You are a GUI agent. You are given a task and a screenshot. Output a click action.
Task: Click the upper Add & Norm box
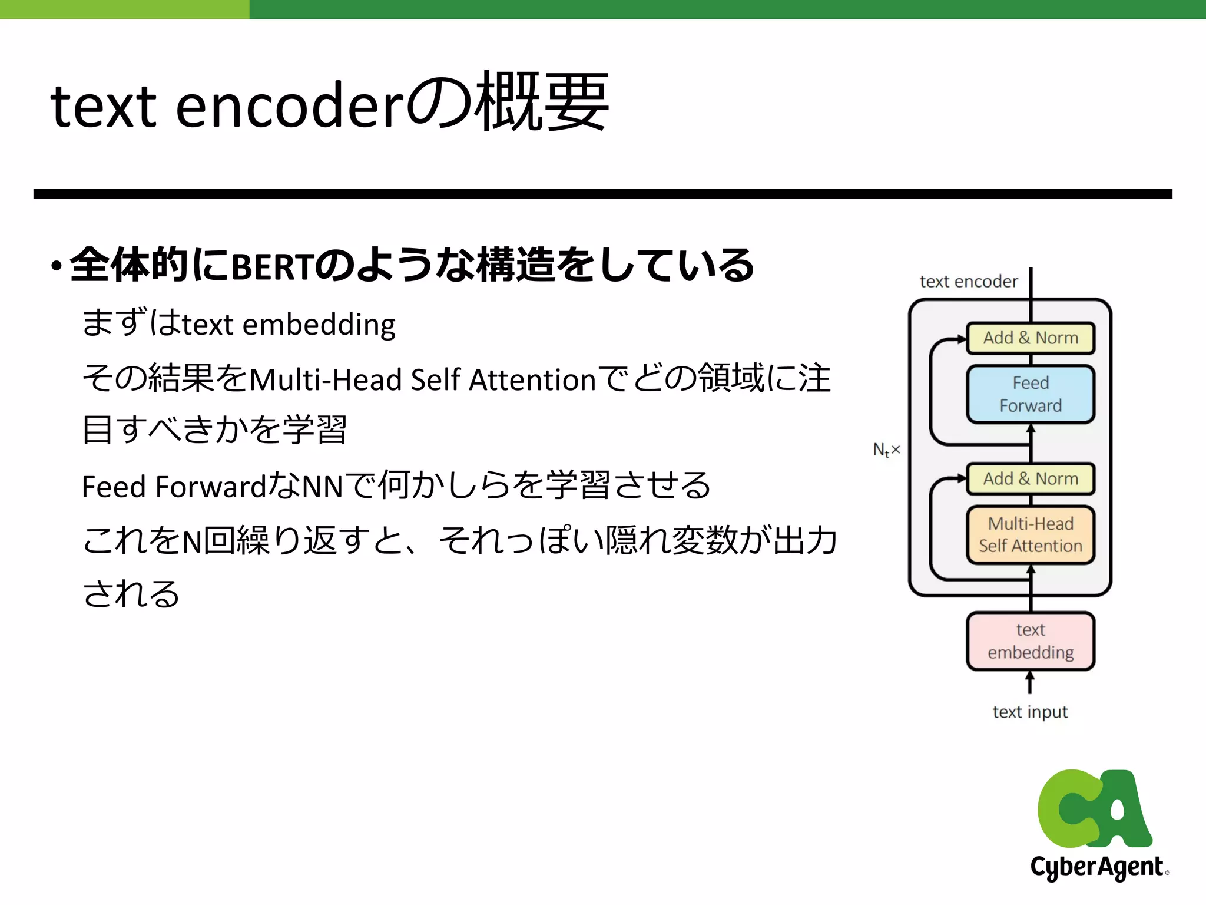tap(1031, 338)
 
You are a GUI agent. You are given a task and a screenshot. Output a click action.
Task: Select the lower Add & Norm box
tap(1031, 478)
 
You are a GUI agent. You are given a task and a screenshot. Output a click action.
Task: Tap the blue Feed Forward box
tap(1031, 394)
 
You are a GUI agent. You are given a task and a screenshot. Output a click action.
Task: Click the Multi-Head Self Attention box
tap(1031, 534)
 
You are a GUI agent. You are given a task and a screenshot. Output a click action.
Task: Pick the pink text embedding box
tap(1031, 641)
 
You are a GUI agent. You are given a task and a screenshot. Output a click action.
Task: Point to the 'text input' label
tap(1030, 712)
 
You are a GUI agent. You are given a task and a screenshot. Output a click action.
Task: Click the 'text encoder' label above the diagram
tap(969, 282)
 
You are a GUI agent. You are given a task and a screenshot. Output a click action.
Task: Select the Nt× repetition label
tap(886, 450)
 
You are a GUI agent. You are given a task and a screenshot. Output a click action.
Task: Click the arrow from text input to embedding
tap(1030, 683)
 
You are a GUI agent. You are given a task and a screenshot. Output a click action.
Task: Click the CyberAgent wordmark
tap(1098, 867)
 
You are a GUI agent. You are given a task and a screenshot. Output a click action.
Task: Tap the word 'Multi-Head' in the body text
tap(326, 379)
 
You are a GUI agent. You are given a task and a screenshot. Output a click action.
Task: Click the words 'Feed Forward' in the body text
tap(174, 487)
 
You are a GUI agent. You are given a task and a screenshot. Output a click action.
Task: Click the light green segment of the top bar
tap(124, 9)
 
